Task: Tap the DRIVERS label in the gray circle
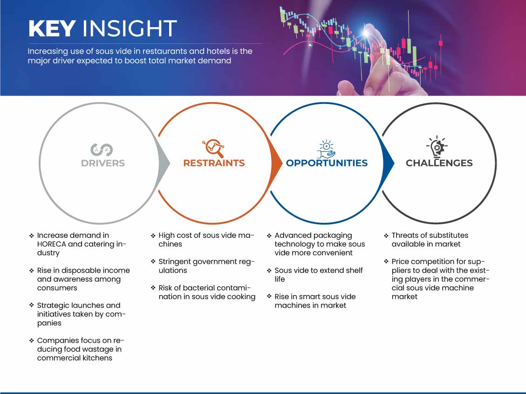[x=103, y=163]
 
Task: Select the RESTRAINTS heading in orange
[x=214, y=163]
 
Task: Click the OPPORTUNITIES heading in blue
[x=327, y=163]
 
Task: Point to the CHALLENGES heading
[x=439, y=163]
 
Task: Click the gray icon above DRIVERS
[x=102, y=150]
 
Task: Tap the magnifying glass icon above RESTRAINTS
[x=213, y=148]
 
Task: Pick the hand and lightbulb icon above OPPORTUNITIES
[x=327, y=149]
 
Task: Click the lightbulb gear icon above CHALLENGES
[x=437, y=147]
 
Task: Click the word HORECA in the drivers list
[x=51, y=244]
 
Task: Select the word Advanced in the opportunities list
[x=290, y=235]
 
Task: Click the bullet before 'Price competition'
[x=386, y=261]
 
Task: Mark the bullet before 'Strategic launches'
[x=32, y=305]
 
